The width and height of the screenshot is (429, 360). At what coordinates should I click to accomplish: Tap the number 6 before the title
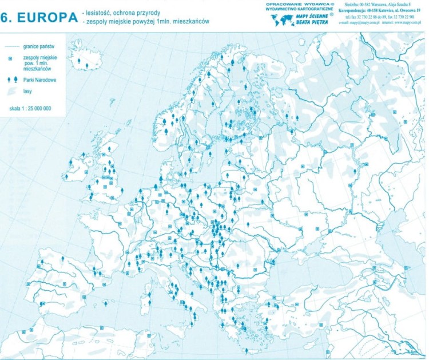pyautogui.click(x=6, y=17)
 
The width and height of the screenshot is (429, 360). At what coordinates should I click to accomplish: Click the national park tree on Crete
pyautogui.click(x=246, y=350)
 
